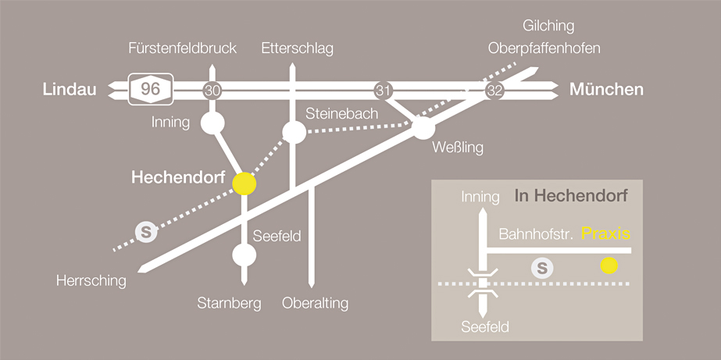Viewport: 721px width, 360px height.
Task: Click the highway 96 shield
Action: pos(150,89)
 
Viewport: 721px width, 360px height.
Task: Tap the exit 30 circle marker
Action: pos(212,90)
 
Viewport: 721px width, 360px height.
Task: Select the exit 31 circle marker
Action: pos(383,90)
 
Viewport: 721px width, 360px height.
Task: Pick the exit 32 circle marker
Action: pos(494,90)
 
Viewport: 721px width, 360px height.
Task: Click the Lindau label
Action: pos(70,90)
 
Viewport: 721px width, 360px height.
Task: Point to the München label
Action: pos(606,90)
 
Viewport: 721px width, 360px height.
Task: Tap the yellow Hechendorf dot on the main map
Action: pos(244,183)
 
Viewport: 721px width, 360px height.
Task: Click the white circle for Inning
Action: pos(212,123)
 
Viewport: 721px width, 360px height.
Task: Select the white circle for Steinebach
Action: pos(294,132)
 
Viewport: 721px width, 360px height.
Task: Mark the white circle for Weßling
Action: pos(423,128)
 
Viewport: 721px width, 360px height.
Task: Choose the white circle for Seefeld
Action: pos(244,255)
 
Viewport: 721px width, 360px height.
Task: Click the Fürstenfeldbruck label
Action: pos(182,48)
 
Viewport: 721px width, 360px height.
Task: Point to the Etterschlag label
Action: pos(298,48)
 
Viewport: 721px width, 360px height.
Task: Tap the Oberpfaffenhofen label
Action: pos(544,48)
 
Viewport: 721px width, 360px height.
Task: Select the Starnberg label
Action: pos(230,303)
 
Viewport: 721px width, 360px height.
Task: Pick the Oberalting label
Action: pos(315,303)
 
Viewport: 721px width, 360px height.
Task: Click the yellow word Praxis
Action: pos(606,233)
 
